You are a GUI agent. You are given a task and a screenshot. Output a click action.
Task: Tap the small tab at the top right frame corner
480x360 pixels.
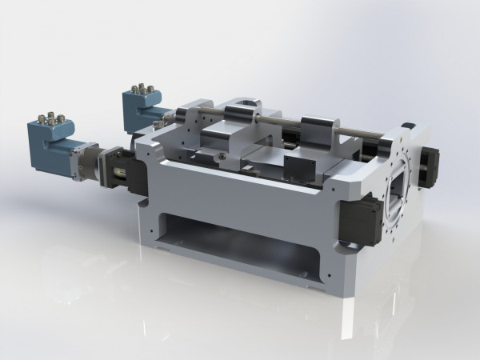[408, 126]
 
